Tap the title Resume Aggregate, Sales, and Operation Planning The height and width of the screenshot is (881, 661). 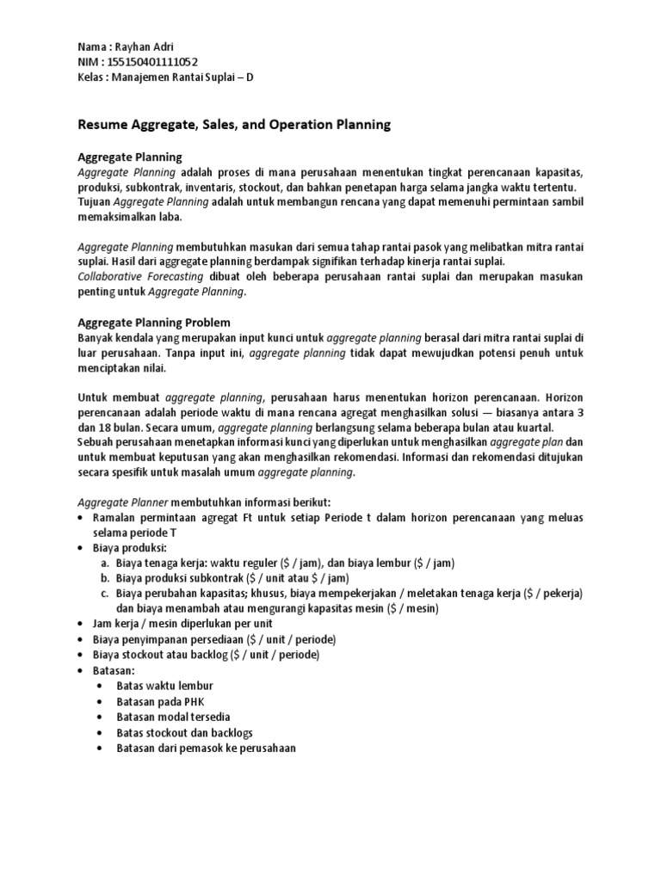[234, 125]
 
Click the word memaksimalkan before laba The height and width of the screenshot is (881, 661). [113, 218]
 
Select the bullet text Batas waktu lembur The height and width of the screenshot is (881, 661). [164, 686]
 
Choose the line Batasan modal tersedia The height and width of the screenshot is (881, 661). [173, 717]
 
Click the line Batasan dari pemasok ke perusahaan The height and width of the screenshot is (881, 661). [206, 748]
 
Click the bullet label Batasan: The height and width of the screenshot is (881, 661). [113, 670]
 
